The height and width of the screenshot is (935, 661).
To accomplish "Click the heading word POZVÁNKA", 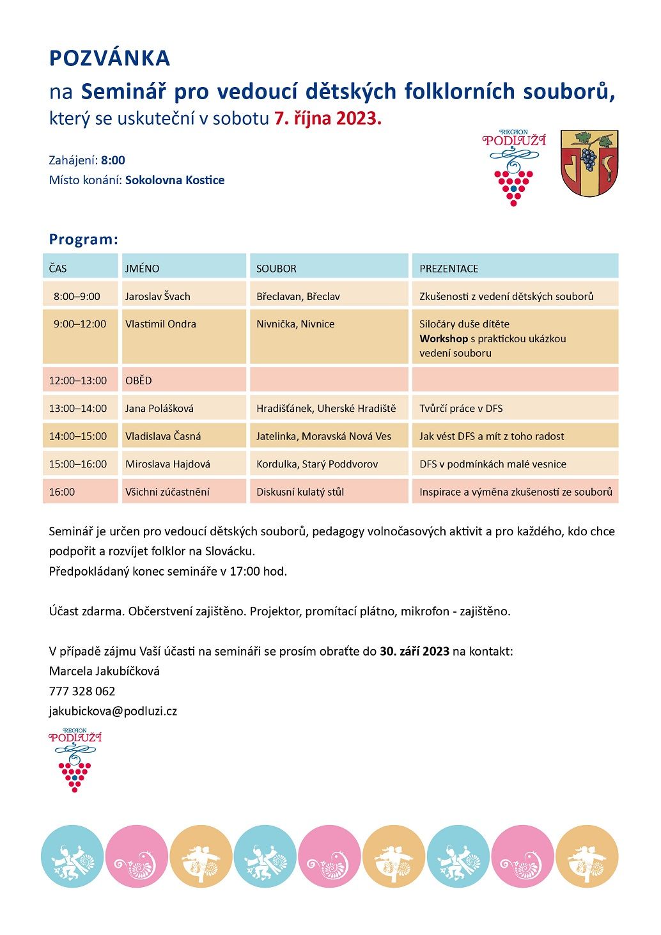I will click(x=109, y=58).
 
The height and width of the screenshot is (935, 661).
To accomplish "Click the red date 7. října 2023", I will click(x=327, y=118).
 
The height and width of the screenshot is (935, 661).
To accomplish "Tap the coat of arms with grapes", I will click(x=589, y=163).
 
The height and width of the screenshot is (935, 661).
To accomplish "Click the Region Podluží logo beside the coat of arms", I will click(x=513, y=167).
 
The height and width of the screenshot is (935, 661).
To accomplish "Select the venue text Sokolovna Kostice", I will click(x=175, y=180).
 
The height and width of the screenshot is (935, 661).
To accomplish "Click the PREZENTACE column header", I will click(x=449, y=269).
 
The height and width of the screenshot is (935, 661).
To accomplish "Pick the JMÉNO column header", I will click(x=142, y=269).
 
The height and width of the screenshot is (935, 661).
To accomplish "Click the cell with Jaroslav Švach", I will click(x=158, y=297).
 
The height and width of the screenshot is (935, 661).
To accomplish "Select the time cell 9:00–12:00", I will click(x=80, y=324).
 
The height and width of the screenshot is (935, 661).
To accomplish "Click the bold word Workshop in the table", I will click(x=444, y=339).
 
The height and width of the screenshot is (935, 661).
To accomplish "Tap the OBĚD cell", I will click(x=139, y=381).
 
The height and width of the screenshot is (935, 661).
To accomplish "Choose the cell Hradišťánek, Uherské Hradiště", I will click(x=326, y=409).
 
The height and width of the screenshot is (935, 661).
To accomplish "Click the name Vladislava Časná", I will click(x=163, y=436).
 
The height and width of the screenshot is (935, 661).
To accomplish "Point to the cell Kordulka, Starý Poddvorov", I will click(x=317, y=464).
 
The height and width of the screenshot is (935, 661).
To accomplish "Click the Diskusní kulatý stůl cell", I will click(x=300, y=492).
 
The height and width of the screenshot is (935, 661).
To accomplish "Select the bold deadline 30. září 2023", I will click(x=414, y=652).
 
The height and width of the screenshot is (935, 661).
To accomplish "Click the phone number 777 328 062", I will click(x=82, y=691).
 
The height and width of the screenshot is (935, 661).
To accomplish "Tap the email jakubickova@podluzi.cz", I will click(x=113, y=711).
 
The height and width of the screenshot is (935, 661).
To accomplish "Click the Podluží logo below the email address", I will click(x=75, y=760).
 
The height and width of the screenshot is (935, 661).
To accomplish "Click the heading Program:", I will click(x=84, y=240).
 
